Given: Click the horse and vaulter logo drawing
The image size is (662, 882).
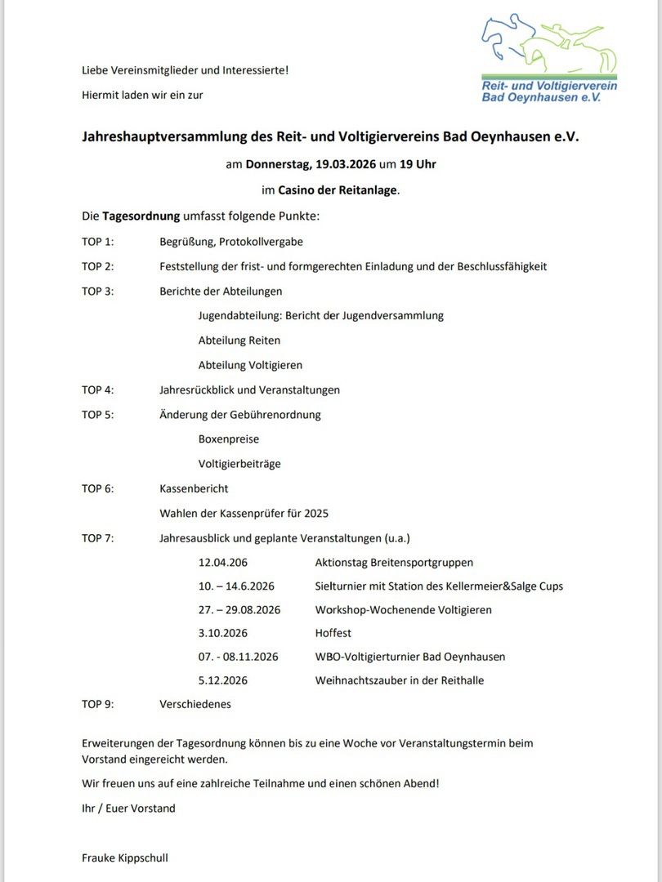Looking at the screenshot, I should pos(548,46).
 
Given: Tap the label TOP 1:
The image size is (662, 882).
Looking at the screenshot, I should pos(97,242).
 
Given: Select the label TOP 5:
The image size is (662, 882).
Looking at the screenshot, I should pos(97,415).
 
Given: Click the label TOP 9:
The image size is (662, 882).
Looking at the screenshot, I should pos(97,704).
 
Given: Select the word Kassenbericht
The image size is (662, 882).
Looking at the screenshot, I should pos(194,488).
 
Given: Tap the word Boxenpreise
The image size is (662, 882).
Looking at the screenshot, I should pos(228,439).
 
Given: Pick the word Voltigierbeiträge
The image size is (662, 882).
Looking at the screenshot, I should pos(239,464).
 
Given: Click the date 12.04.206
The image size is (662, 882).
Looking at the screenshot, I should pos(222,563).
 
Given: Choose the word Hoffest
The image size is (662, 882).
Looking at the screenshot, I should pos(333,633).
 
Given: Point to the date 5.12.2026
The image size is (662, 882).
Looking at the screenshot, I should pos(222,680).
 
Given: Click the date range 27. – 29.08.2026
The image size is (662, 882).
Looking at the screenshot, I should pos(239,610).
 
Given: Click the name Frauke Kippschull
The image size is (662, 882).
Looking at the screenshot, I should pos(124,858).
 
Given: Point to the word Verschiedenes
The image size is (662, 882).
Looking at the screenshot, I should pos(195,704).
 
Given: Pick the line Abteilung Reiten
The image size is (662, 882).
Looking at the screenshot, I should pos(239,341).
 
